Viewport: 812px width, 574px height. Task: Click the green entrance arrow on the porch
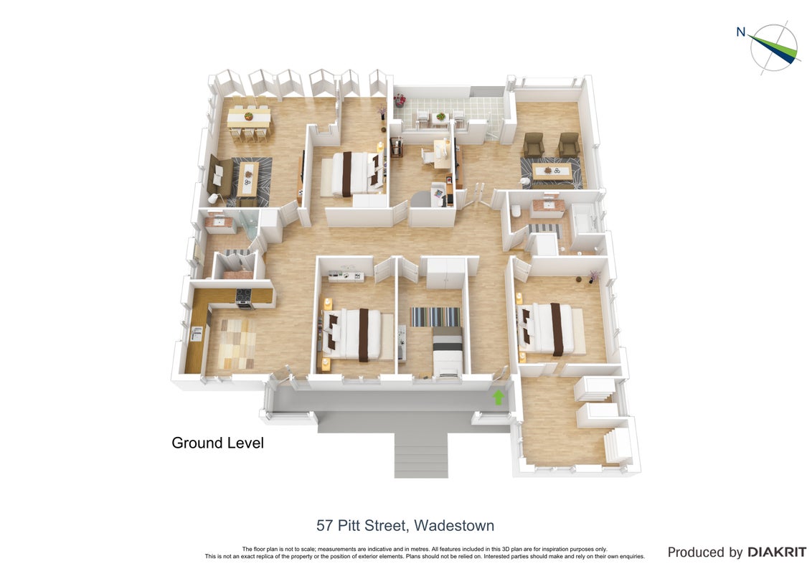(x=499, y=397)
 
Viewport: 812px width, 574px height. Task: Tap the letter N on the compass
(x=741, y=32)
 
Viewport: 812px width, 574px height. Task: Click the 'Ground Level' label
(x=217, y=443)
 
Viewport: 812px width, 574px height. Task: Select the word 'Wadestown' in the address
(x=454, y=525)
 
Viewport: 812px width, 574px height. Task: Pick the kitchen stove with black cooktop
(x=244, y=298)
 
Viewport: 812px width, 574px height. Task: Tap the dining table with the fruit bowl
(x=249, y=118)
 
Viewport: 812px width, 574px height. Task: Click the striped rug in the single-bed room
(x=435, y=316)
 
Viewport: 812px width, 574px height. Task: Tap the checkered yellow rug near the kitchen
(x=237, y=344)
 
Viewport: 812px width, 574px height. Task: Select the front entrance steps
(x=420, y=455)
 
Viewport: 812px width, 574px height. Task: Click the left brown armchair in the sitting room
(x=534, y=145)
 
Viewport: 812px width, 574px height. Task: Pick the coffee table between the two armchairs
(x=552, y=171)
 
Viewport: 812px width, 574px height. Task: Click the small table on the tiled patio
(x=440, y=118)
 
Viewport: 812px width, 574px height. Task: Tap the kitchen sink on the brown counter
(x=197, y=334)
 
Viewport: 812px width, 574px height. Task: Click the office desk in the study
(x=442, y=154)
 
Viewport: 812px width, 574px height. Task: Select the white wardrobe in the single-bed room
(x=446, y=273)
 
